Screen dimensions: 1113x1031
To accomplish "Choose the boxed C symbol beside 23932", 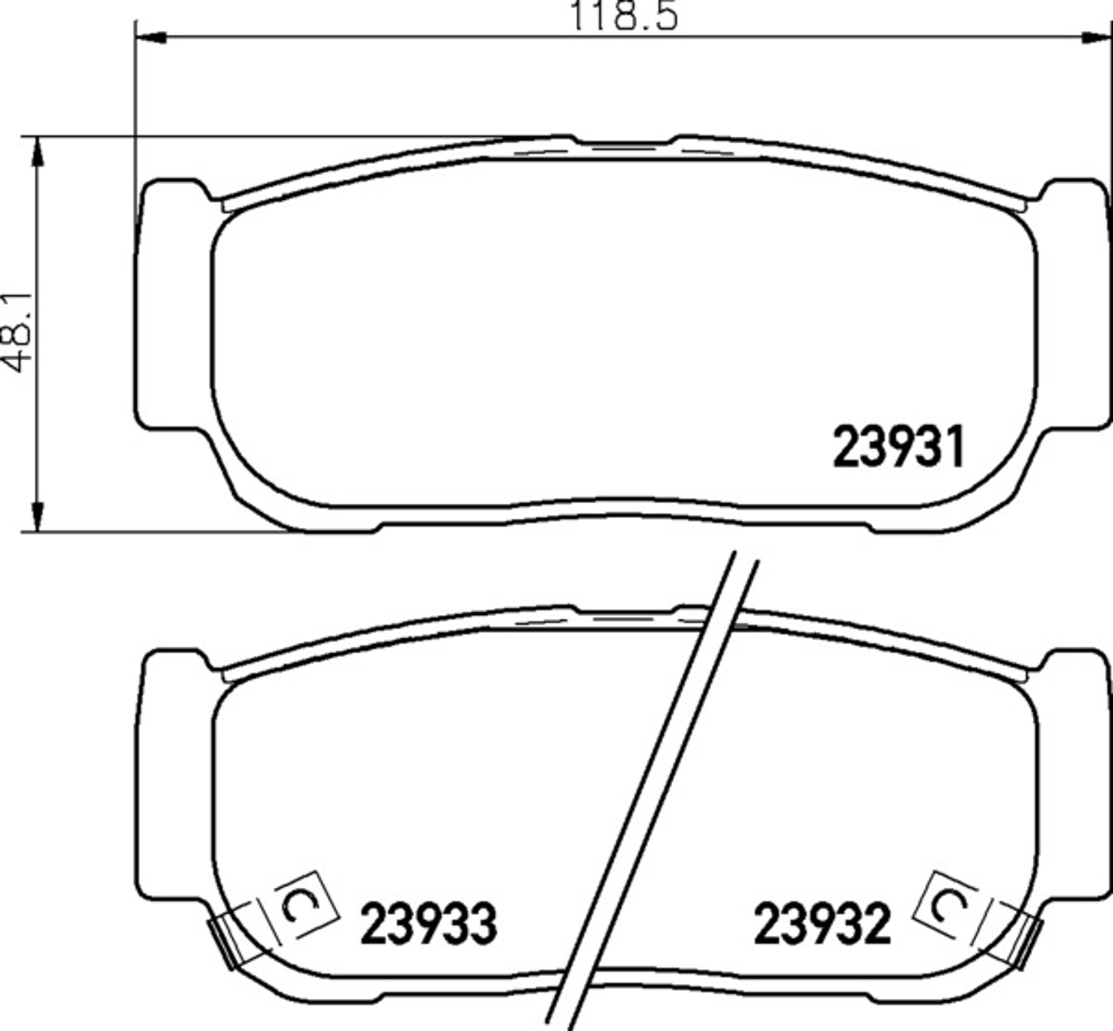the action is point(946,904).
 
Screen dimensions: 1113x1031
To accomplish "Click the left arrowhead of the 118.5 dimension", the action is point(151,38).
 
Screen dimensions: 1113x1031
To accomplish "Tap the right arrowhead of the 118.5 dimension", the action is point(1096,38).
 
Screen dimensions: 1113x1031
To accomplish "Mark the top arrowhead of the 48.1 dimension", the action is point(38,152).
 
